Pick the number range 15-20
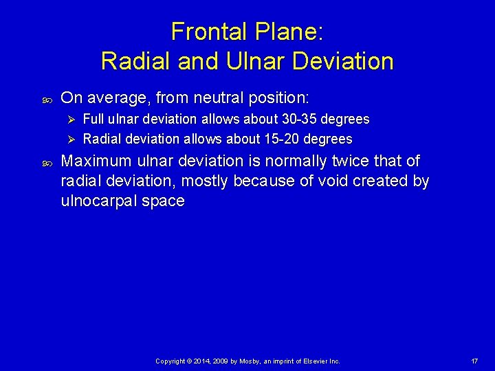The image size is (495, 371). pyautogui.click(x=280, y=139)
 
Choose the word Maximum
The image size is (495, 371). pyautogui.click(x=95, y=161)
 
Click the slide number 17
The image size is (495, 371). pyautogui.click(x=474, y=361)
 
